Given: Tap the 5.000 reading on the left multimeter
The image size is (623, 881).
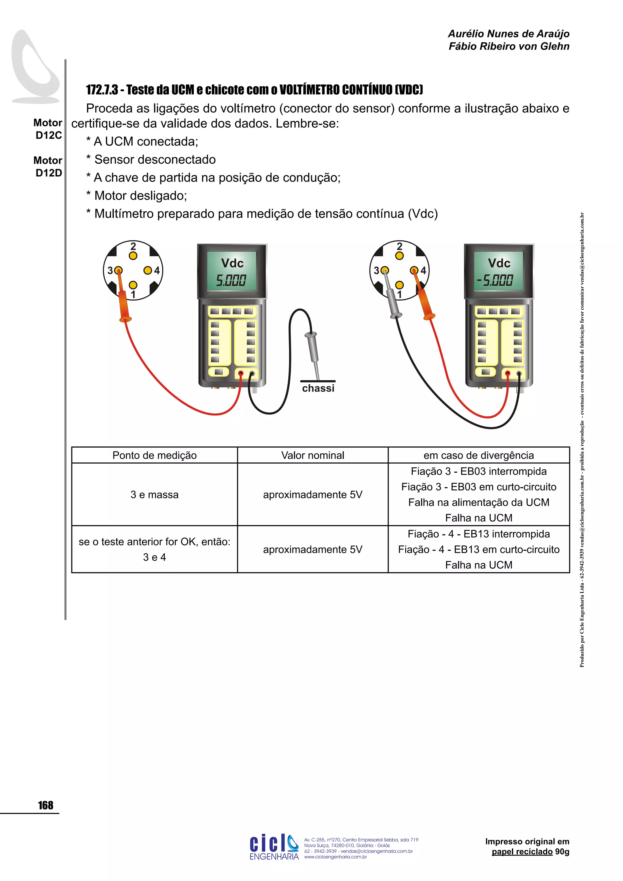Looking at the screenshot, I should (x=231, y=280).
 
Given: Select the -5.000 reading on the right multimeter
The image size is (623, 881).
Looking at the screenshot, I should (x=495, y=280).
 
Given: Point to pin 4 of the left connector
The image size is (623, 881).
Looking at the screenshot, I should (x=148, y=270).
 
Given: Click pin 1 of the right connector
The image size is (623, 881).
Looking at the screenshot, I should (x=399, y=285).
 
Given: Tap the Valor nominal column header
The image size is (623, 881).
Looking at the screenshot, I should (x=313, y=455).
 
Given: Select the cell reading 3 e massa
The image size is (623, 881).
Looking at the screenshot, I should (x=154, y=495).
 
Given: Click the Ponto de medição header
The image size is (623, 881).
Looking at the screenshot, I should (x=154, y=455).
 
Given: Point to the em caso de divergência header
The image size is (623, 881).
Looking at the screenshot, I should (x=479, y=455).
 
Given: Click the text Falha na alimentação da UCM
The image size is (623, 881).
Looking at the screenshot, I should (x=479, y=502).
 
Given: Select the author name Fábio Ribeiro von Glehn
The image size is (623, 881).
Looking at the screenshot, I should (x=509, y=47).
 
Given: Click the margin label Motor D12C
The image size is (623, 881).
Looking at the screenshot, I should (x=48, y=129).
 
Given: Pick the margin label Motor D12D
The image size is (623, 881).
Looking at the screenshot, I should (x=48, y=166).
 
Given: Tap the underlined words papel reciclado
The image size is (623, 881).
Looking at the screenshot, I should (x=522, y=851).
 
